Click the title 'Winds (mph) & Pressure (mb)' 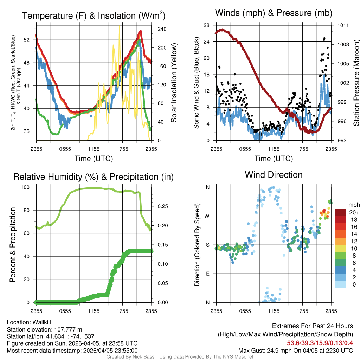(x=274, y=13)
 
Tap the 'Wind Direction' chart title (x=274, y=175)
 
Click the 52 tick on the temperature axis (x=31, y=40)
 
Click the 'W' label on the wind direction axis (x=207, y=216)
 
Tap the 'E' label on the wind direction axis (x=207, y=274)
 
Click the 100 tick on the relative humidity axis (x=28, y=187)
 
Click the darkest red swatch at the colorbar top (x=340, y=212)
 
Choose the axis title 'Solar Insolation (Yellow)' (x=174, y=83)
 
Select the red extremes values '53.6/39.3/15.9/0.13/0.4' (x=320, y=343)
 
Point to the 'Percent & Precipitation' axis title (x=13, y=245)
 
